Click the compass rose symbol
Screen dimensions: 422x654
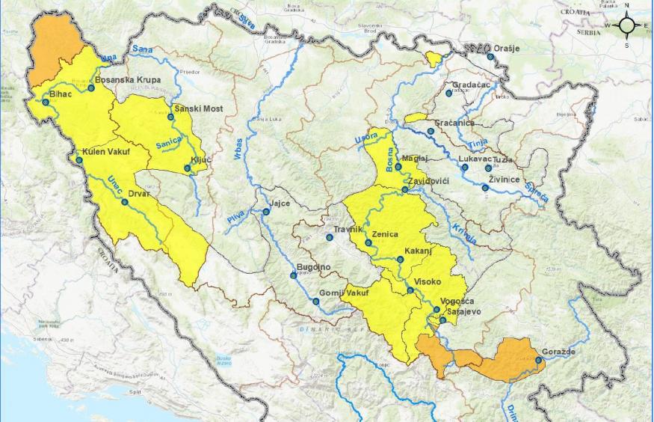tap(626, 26)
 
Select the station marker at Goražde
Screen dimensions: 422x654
tap(538, 360)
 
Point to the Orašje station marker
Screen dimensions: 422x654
tap(490, 57)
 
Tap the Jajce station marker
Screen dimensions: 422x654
tap(265, 212)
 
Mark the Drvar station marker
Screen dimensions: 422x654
tap(125, 201)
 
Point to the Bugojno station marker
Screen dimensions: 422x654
tap(293, 275)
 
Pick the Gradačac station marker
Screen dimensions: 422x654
tap(448, 94)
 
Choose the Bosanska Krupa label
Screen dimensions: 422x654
tap(128, 79)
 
